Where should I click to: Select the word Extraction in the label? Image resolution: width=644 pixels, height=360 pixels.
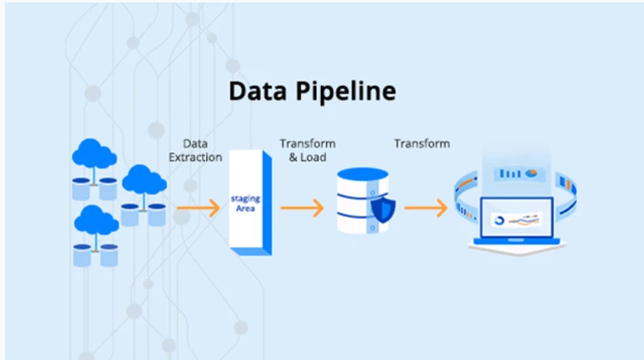(x=196, y=157)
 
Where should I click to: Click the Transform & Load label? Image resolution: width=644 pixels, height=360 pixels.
(x=307, y=151)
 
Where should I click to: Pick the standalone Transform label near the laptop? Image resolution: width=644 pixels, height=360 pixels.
(x=422, y=144)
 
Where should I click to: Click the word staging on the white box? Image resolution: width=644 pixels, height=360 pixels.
(x=245, y=198)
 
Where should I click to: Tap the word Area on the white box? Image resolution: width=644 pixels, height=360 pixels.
(x=245, y=208)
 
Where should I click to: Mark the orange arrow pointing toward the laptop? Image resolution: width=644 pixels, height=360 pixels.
(x=426, y=207)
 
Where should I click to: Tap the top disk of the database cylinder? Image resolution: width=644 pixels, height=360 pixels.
(x=362, y=176)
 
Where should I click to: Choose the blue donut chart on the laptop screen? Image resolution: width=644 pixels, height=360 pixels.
(x=498, y=221)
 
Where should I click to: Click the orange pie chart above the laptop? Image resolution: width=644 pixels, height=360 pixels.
(x=531, y=173)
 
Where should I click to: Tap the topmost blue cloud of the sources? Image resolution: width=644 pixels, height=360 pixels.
(x=95, y=153)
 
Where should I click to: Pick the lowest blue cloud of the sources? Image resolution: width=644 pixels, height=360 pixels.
(x=96, y=219)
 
